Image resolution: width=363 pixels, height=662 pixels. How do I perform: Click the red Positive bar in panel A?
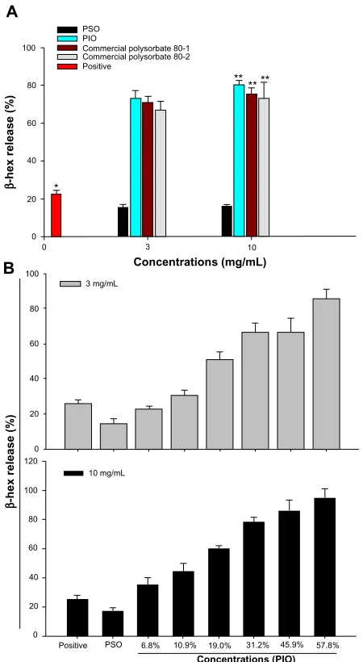(56, 216)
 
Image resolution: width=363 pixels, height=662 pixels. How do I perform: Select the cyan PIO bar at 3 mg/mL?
(136, 167)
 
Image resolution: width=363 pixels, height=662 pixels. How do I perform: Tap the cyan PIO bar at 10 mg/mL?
(239, 161)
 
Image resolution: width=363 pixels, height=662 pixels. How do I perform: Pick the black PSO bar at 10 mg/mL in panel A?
(227, 221)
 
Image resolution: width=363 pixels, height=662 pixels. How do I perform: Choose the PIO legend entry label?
(89, 39)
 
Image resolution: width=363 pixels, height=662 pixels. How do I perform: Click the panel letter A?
(12, 11)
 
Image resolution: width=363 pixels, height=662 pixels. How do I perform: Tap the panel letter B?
(10, 269)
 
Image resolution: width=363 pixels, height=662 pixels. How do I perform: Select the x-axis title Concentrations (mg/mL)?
(200, 262)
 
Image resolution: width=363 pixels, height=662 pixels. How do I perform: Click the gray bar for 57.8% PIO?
(326, 374)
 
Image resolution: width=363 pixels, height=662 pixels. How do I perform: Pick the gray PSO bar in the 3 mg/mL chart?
(114, 436)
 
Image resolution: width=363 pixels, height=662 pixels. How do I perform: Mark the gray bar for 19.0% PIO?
(219, 404)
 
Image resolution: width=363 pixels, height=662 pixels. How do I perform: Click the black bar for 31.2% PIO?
(253, 579)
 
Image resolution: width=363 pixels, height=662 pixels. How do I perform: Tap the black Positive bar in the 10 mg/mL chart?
(77, 618)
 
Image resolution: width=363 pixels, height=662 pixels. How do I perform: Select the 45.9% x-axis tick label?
(289, 646)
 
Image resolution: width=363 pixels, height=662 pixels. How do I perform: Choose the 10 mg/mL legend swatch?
(74, 473)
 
